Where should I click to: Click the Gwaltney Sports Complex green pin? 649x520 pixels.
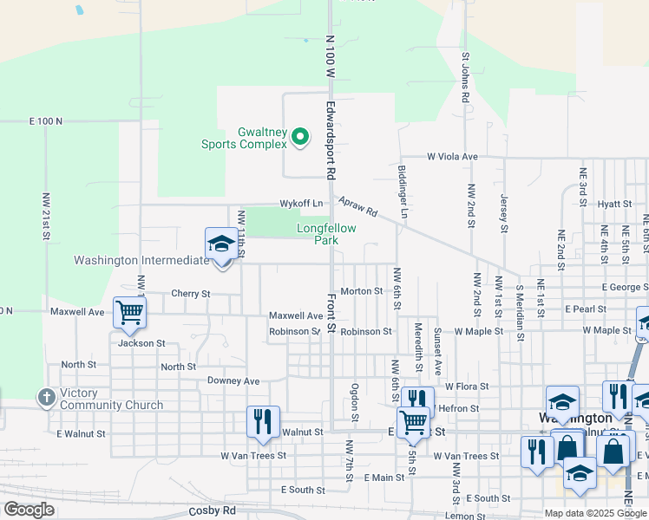tap(300, 137)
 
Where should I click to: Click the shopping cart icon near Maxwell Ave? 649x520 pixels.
tap(130, 313)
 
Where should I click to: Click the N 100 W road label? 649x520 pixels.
tap(330, 57)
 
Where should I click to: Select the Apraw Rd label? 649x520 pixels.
tap(358, 205)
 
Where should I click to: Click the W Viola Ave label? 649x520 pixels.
tap(452, 157)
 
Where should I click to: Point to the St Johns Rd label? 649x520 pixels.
tap(465, 79)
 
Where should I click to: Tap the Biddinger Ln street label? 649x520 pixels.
tap(403, 191)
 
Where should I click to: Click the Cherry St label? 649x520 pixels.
tap(191, 294)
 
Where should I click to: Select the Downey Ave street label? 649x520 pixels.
tap(233, 381)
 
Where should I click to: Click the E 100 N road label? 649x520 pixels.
tap(46, 121)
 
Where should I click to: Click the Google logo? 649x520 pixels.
tap(29, 510)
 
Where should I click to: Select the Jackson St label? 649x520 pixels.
tap(141, 343)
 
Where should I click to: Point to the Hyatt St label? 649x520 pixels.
tap(614, 204)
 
